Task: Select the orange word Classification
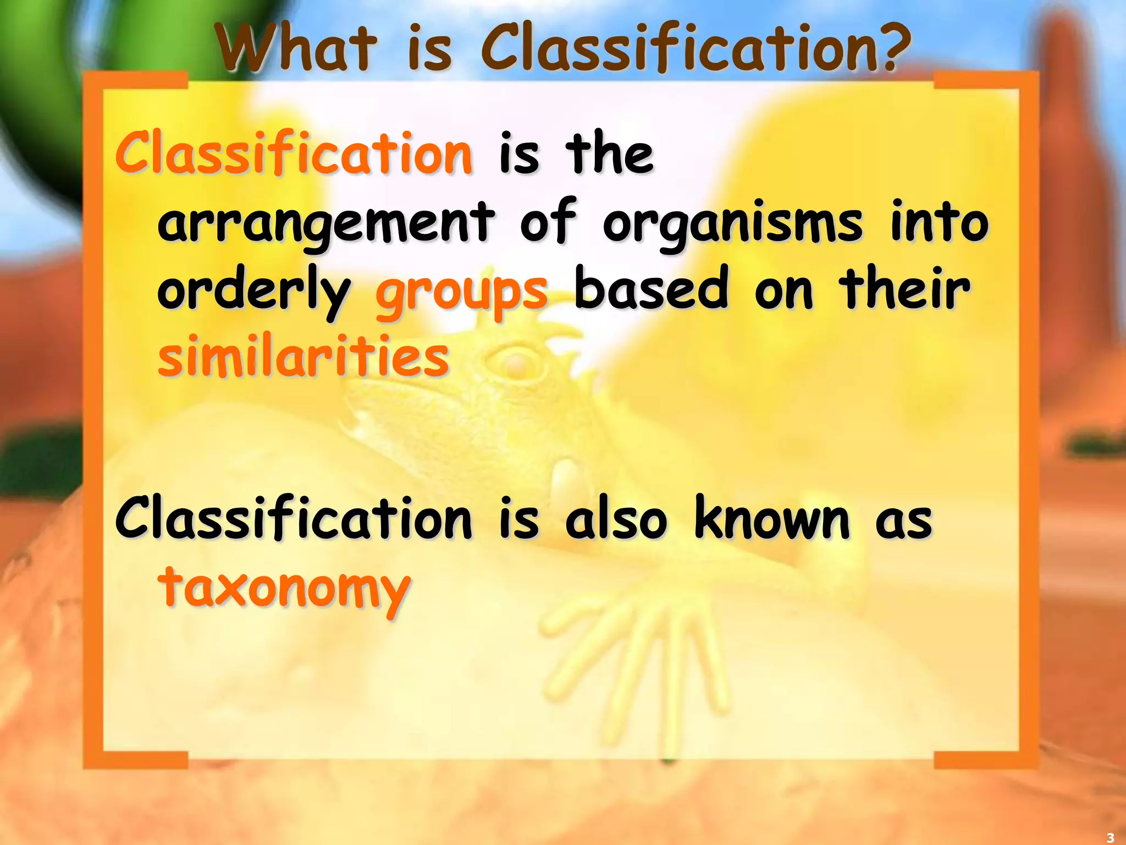coord(294,153)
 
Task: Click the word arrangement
coord(326,223)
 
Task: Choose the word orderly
coord(254,292)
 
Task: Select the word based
coord(652,289)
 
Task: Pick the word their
coord(904,288)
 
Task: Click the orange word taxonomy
coord(284,589)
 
